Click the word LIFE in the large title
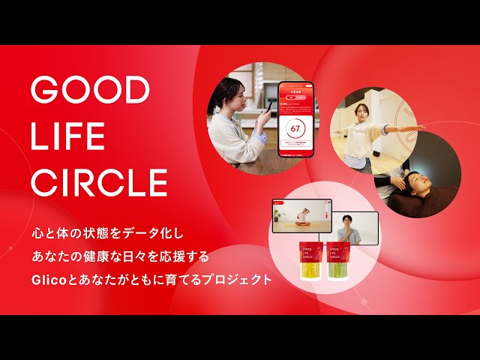tap(68, 136)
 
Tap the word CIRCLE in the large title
tap(99, 182)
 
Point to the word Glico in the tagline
tap(49, 280)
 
